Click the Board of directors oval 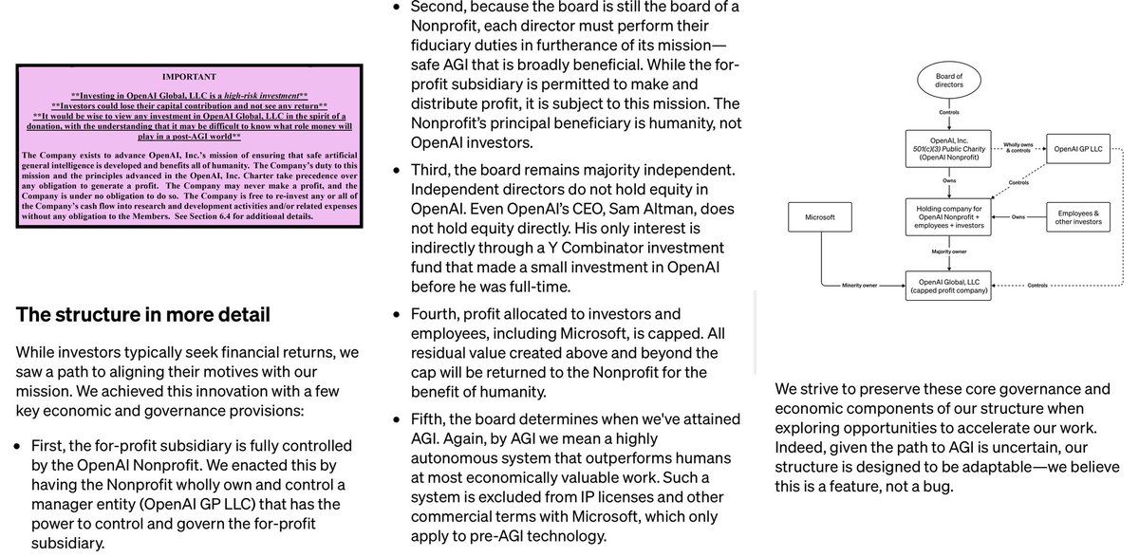click(948, 81)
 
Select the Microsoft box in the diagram click(819, 217)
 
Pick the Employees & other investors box click(1078, 217)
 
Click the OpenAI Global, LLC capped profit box click(948, 285)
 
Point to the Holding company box click(948, 217)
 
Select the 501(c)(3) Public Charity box click(948, 148)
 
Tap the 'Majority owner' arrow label click(948, 252)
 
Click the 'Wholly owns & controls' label click(1018, 147)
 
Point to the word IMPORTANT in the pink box click(189, 77)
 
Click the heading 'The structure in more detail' click(143, 315)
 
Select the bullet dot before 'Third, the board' click(398, 171)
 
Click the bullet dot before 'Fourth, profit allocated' click(398, 314)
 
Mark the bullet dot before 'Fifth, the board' click(398, 418)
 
